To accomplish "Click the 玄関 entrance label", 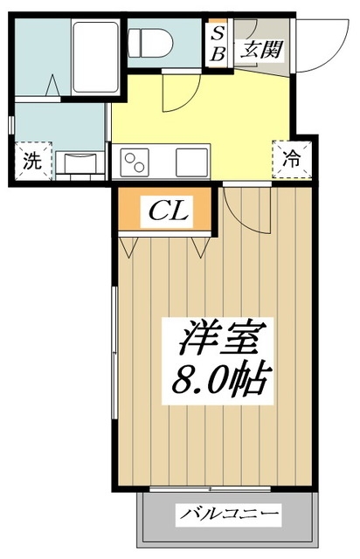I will pos(262,50).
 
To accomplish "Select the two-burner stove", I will pos(138,162).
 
